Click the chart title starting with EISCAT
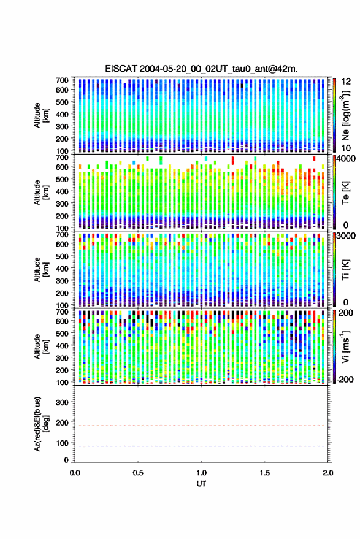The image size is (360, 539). (x=201, y=69)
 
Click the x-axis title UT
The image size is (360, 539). (x=201, y=484)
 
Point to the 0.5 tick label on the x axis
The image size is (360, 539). (x=138, y=473)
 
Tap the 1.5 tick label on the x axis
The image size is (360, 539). (x=265, y=473)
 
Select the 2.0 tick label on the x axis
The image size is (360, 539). (x=328, y=473)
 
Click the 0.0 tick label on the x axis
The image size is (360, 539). (x=75, y=473)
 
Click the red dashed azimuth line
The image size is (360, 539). (x=201, y=426)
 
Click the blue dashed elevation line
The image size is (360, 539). (x=201, y=446)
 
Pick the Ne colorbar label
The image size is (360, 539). (x=345, y=115)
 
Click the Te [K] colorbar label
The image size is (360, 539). (x=345, y=193)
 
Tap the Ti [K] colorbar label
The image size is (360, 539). (x=345, y=270)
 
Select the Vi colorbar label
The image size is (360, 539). (x=345, y=346)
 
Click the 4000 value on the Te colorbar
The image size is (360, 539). (x=347, y=159)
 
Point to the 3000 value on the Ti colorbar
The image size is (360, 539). (x=347, y=235)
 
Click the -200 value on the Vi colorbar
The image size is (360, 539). (x=345, y=379)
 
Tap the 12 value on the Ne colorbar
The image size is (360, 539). (x=346, y=82)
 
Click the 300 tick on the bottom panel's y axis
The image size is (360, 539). (x=62, y=402)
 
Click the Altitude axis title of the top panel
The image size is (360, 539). (x=41, y=115)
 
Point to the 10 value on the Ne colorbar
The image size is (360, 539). (x=346, y=148)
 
